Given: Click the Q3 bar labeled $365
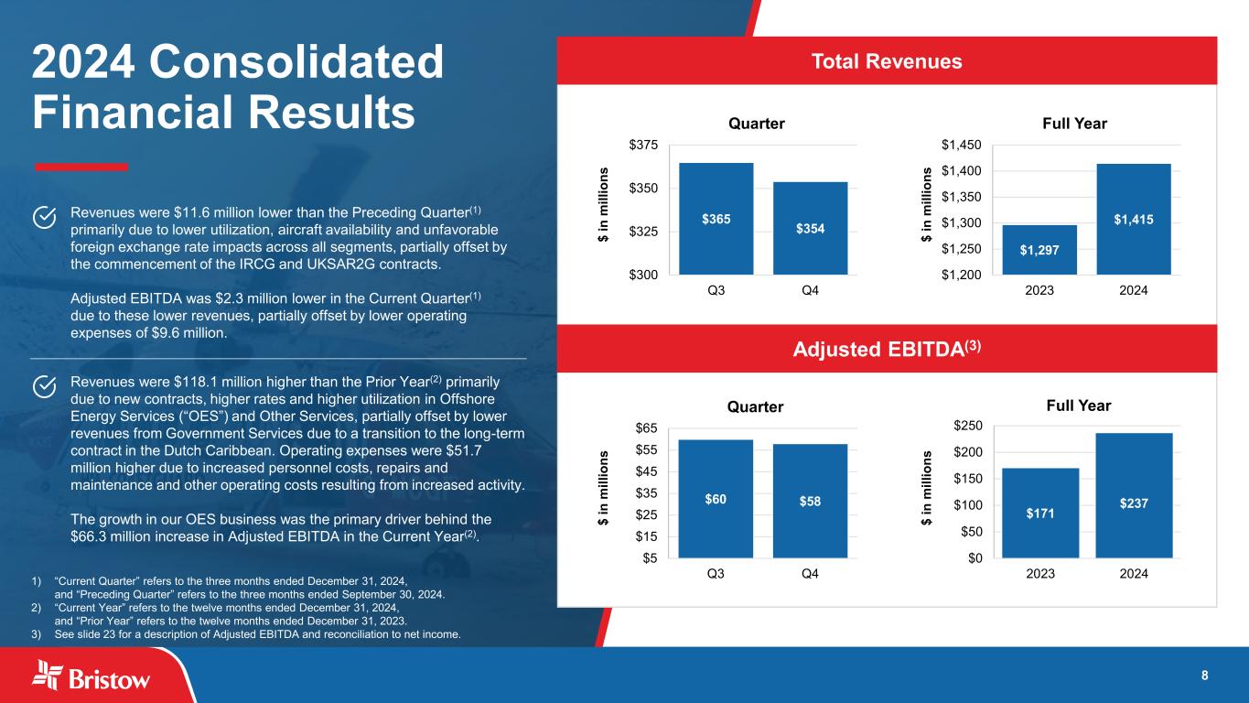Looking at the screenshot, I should (716, 219).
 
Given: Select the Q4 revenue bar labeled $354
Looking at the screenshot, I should (810, 228).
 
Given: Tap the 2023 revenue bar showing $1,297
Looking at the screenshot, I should (1039, 250).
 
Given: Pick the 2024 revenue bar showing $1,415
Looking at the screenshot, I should (1134, 219).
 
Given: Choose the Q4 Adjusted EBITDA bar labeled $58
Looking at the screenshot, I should (810, 501).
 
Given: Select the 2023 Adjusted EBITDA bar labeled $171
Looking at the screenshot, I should (1040, 513).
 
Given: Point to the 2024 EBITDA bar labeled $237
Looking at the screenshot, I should (1134, 495).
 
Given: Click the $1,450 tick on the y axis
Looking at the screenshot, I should (961, 145).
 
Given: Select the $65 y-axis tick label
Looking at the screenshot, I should (644, 427).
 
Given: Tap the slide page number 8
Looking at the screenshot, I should (1204, 676).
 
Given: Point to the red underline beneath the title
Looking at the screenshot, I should (81, 167).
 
